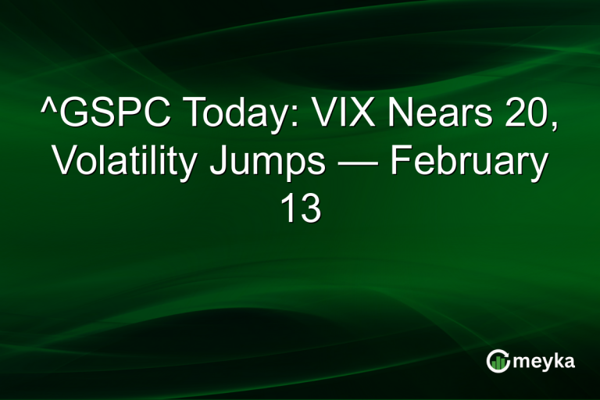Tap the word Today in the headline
coord(232,116)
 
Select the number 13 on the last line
coord(300,209)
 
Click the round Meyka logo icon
coord(498,360)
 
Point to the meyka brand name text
coord(545,361)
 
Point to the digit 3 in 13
coord(310,209)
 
